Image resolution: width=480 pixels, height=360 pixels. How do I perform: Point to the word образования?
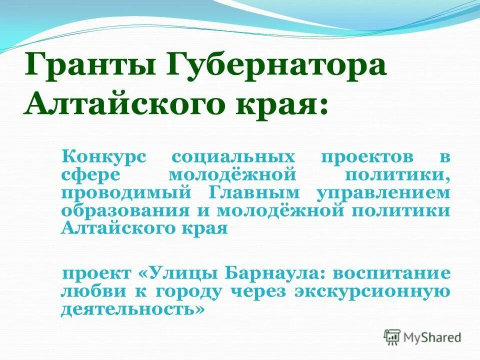click(x=121, y=210)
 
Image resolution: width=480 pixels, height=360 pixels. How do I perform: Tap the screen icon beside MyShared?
click(x=392, y=337)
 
